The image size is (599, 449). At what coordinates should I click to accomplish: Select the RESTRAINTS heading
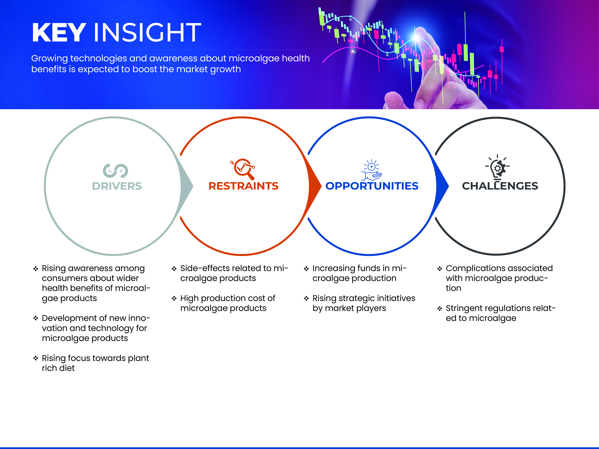243,186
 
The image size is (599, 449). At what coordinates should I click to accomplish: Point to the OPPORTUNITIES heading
372,186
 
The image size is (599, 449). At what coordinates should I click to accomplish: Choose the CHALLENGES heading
500,186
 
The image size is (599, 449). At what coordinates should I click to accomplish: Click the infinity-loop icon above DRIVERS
115,171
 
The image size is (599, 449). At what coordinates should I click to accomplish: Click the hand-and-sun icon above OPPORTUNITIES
372,170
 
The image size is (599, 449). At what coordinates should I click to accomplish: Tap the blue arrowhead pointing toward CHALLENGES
442,186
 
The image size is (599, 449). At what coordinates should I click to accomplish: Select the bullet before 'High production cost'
174,298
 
